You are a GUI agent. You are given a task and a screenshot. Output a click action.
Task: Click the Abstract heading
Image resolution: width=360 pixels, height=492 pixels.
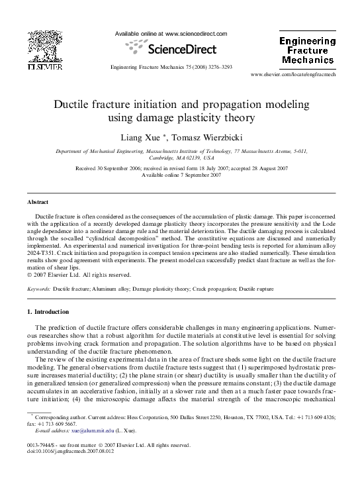coord(38,201)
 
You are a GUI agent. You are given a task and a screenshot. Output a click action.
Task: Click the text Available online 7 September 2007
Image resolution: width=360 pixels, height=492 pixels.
coord(180,175)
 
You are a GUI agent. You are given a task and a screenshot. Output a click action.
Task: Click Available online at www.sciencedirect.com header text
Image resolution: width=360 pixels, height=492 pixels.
coord(171,34)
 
